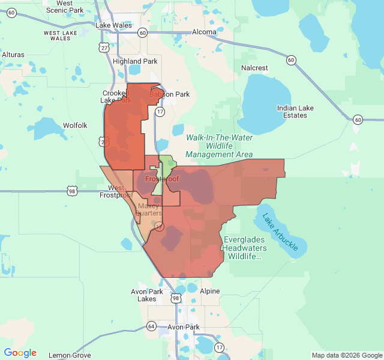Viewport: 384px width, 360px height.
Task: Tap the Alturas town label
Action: [x=13, y=55]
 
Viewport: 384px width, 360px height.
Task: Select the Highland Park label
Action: [x=135, y=61]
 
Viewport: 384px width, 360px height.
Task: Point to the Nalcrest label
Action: [x=254, y=68]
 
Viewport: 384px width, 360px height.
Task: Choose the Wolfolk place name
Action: [x=75, y=125]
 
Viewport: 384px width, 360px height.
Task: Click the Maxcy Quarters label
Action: [x=149, y=209]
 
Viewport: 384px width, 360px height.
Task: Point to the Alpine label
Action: [x=210, y=291]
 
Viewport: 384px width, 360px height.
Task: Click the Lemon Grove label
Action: [x=68, y=355]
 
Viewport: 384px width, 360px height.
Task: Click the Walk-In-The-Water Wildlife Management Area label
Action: [x=219, y=146]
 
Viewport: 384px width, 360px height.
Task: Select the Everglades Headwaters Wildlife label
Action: [x=249, y=248]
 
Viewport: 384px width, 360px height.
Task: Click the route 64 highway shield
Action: [x=151, y=326]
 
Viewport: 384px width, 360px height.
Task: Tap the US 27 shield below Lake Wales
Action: [x=106, y=47]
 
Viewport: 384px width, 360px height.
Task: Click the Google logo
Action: [x=20, y=353]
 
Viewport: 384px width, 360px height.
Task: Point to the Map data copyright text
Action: [x=346, y=355]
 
